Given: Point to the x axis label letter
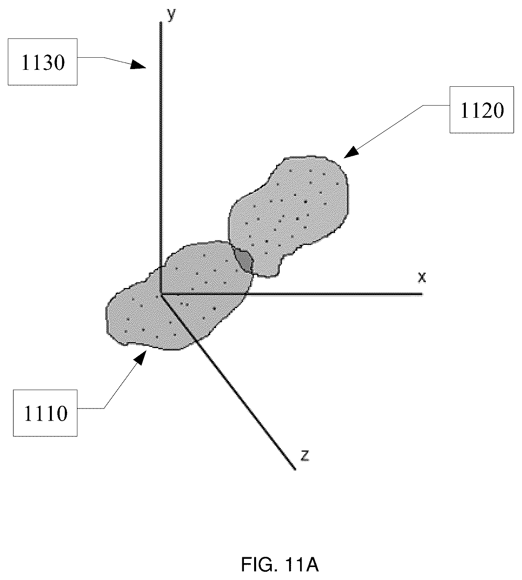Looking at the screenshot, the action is coord(422,277).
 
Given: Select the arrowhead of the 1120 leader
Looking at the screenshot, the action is coord(351,152).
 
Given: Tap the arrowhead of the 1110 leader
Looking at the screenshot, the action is coord(140,357).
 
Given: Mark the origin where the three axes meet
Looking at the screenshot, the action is coord(161,294).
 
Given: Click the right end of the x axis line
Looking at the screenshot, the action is coord(422,294).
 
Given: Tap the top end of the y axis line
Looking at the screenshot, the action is coord(160,22).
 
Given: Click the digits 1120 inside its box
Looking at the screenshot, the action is coord(482,110).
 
